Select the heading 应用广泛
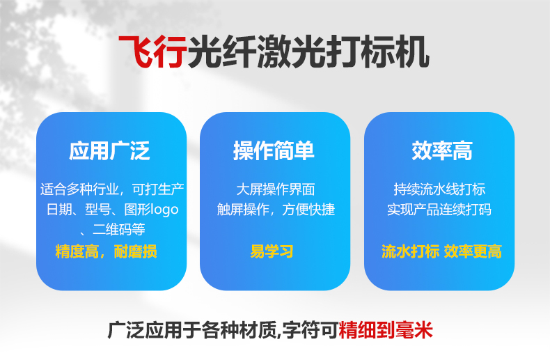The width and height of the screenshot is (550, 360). [x=110, y=150]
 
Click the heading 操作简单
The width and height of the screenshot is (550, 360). [x=274, y=150]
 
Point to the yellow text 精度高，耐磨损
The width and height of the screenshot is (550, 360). [x=107, y=251]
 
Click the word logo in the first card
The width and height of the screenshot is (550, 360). [x=162, y=210]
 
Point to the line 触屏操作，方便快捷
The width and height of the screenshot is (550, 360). [x=275, y=210]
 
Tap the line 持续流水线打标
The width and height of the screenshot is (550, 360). [x=439, y=189]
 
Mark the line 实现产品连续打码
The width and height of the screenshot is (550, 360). [x=439, y=210]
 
